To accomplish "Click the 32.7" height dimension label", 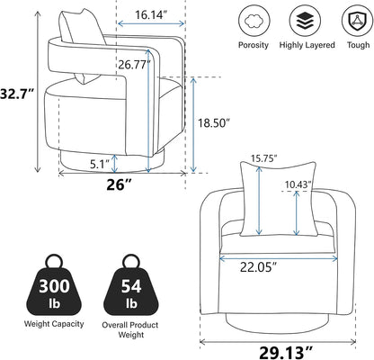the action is [x=16, y=94].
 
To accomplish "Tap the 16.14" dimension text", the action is [x=150, y=14].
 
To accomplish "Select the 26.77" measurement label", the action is [x=134, y=64].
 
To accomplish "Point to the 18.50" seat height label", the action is [x=214, y=122].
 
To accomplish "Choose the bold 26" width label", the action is [x=120, y=184].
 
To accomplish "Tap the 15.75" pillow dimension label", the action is [x=263, y=157].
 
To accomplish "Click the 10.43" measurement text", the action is [x=298, y=184].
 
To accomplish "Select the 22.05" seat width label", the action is [x=258, y=266].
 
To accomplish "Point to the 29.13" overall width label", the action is [x=286, y=352].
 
